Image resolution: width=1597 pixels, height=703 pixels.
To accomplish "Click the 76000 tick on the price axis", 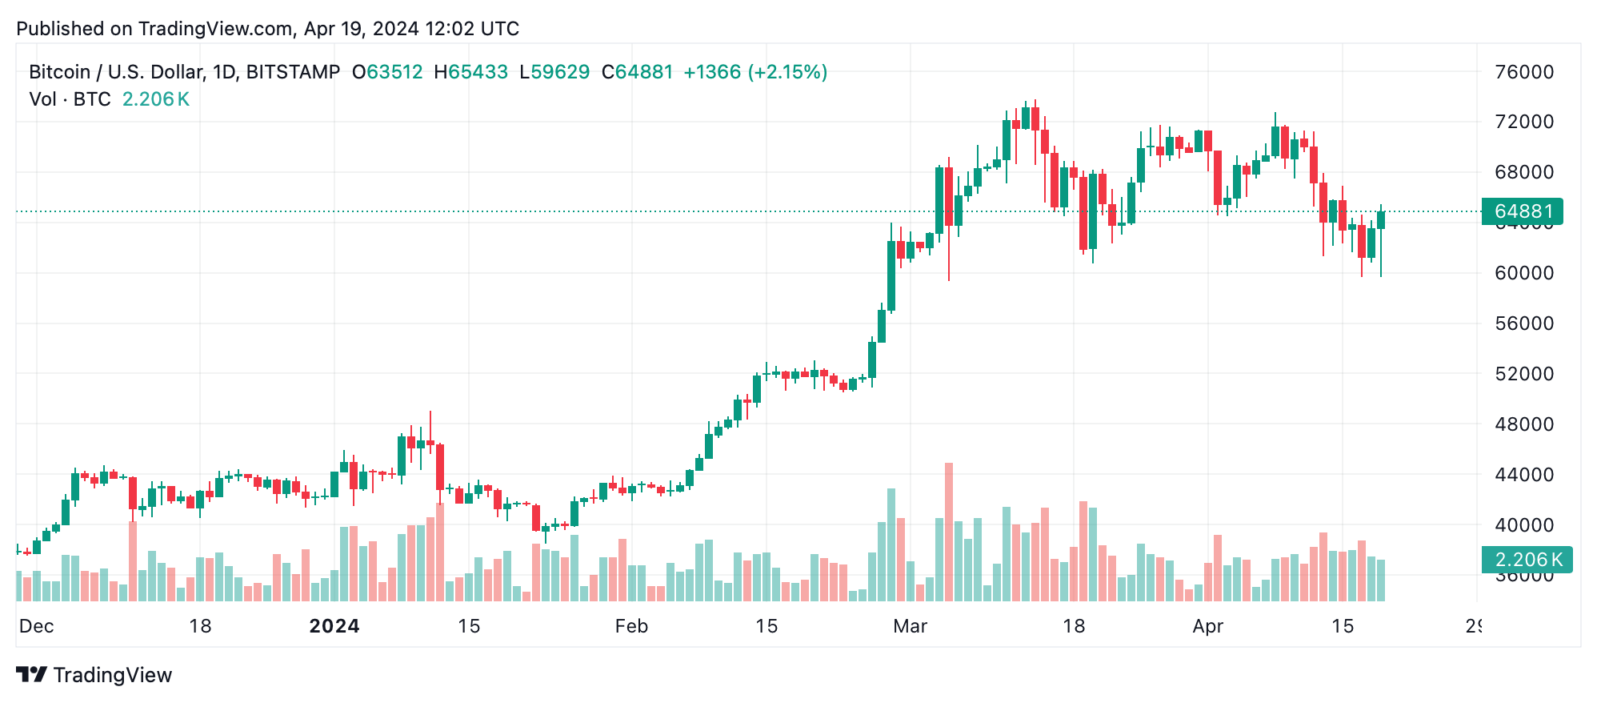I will [1523, 72].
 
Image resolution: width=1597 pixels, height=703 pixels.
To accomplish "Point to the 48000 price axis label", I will [1523, 424].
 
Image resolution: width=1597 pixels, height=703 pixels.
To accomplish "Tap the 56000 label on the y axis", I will [1523, 323].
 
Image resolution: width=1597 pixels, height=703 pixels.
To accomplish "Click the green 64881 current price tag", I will [1522, 211].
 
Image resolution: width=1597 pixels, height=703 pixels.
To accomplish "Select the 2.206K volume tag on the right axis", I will [1527, 560].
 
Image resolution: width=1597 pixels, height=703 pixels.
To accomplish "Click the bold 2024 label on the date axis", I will [334, 626].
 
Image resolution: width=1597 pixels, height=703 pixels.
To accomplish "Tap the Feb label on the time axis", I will [631, 626].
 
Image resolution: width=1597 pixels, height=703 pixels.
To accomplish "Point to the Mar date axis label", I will [910, 626].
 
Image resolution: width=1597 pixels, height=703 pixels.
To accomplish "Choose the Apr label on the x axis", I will [1207, 626].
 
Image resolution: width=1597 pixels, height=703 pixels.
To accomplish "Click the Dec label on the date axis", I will [36, 626].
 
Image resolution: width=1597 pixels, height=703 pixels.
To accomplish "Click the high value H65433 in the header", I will [470, 72].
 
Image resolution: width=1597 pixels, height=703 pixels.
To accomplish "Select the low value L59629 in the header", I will [554, 72].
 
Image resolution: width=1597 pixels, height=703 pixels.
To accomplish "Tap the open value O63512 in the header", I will [387, 72].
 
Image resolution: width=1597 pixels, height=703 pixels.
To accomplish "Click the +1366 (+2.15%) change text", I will [754, 72].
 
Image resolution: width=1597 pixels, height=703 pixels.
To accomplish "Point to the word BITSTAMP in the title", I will [293, 72].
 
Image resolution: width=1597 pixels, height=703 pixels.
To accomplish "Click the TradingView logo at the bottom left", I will [94, 675].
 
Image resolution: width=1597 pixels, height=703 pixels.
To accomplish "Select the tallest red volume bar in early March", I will [949, 532].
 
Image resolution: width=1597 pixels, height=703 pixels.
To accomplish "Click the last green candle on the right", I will [1381, 220].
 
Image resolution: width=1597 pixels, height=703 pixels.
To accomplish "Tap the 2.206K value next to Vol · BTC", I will [155, 99].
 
